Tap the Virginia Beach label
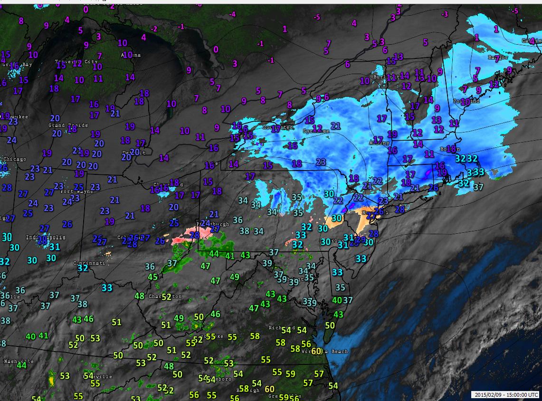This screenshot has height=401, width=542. coord(326,352)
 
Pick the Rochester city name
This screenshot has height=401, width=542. coord(278,127)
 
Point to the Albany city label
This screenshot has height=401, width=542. coord(380,143)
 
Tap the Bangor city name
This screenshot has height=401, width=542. coord(498,58)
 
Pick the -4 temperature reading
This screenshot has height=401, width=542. coord(232,14)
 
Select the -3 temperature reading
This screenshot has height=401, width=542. coord(445,14)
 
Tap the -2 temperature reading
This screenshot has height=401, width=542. coord(154,29)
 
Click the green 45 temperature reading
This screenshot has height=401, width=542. coord(152,277)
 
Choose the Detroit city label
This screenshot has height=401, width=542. coord(133,153)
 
